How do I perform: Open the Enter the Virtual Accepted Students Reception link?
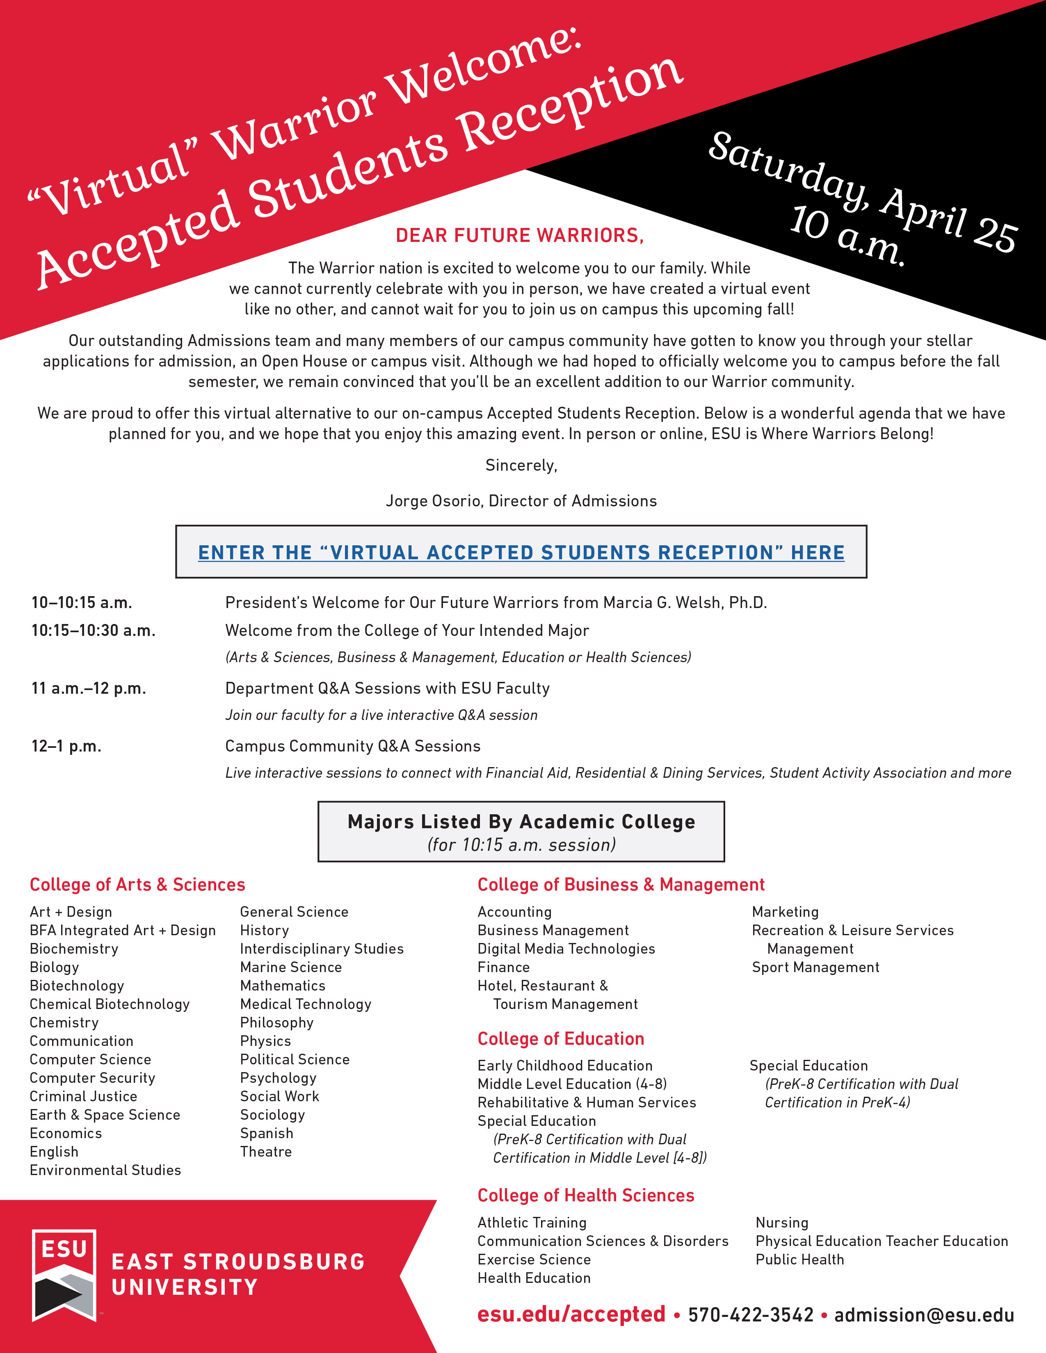coord(521,552)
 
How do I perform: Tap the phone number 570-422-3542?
coord(750,1314)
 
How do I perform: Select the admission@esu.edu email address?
coord(923,1314)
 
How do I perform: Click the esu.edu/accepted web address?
coord(571,1314)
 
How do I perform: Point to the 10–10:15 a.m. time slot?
coord(82,603)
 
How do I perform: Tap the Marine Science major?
coord(291,968)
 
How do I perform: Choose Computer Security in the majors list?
coord(92,1078)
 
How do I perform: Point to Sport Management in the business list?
coord(815,968)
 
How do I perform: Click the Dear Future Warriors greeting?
coord(519,235)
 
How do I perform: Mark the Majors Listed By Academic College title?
coord(521,822)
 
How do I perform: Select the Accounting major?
coord(514,912)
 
